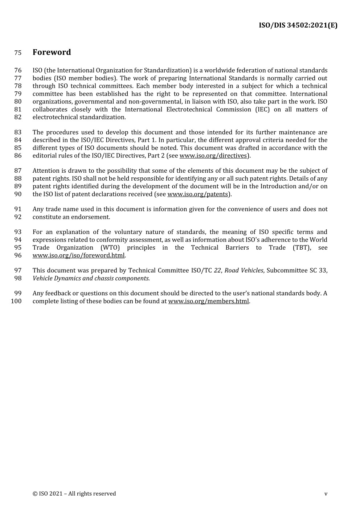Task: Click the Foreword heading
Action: (x=52, y=52)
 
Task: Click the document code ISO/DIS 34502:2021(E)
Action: (x=298, y=25)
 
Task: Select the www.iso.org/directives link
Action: (x=213, y=156)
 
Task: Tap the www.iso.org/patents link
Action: (x=197, y=194)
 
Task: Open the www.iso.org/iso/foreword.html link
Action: (x=78, y=255)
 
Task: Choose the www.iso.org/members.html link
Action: (x=209, y=301)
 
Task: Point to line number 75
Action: (x=18, y=53)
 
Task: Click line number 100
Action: (x=17, y=301)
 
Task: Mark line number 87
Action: (x=18, y=171)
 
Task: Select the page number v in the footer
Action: (x=326, y=494)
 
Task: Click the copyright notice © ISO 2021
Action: (x=74, y=494)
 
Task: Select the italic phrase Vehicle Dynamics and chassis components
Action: (x=91, y=278)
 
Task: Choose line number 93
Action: (x=18, y=232)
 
